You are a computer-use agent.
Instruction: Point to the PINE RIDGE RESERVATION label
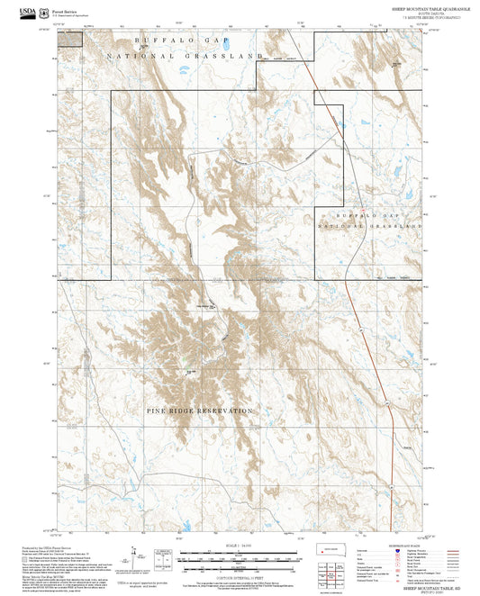coord(200,411)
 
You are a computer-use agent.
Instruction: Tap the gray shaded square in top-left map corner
coord(65,37)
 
